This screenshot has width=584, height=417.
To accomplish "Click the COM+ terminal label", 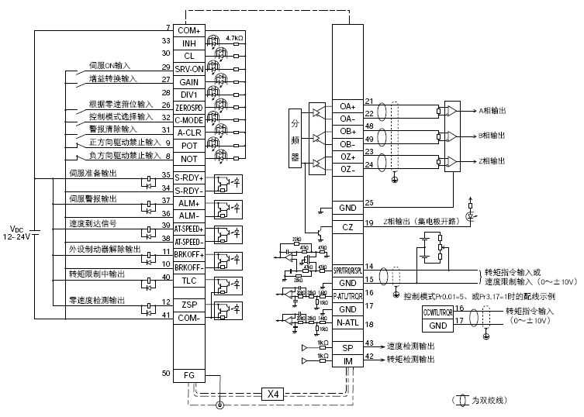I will tap(188, 29).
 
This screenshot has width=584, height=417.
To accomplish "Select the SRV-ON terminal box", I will tap(188, 68).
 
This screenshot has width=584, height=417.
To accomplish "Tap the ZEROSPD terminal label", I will tap(188, 106).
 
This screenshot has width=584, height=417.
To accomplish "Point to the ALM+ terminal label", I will tap(188, 202).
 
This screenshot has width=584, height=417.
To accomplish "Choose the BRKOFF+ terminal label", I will tap(188, 254).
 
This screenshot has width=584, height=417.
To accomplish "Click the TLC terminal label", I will tap(188, 281).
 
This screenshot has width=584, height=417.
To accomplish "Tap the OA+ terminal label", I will tap(347, 106).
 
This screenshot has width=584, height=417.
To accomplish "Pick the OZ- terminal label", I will tap(347, 169).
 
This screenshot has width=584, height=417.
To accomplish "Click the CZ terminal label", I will tap(347, 226).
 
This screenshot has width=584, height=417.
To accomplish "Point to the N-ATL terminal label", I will tap(347, 323).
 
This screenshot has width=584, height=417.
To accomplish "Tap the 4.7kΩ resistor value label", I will tap(234, 36).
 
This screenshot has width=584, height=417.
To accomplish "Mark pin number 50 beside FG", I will tap(165, 374).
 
